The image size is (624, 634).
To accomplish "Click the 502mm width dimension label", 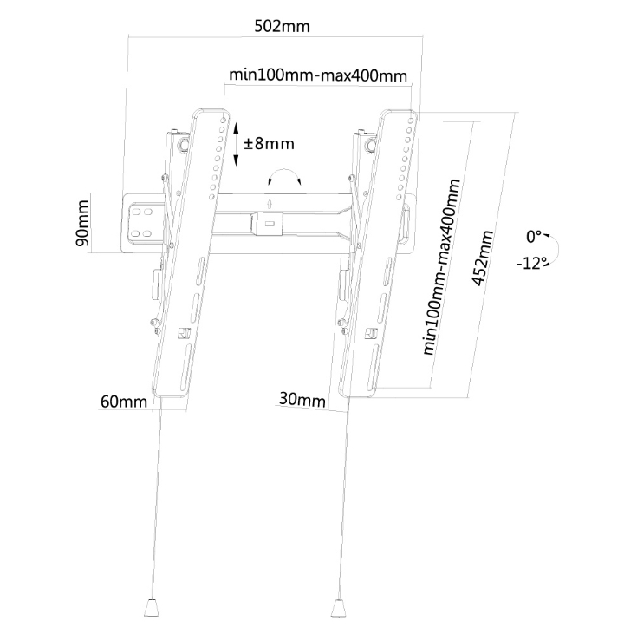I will coord(281,27).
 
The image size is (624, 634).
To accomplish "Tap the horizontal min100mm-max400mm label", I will coord(318,75).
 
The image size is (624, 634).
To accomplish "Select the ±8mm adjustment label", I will coord(269,143).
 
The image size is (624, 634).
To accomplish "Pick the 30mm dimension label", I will coord(302,400).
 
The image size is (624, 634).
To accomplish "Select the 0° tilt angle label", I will coord(534,236).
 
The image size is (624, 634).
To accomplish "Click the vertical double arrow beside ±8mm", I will coord(236,143).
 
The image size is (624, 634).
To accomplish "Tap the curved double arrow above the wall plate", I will coord(285,177).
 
